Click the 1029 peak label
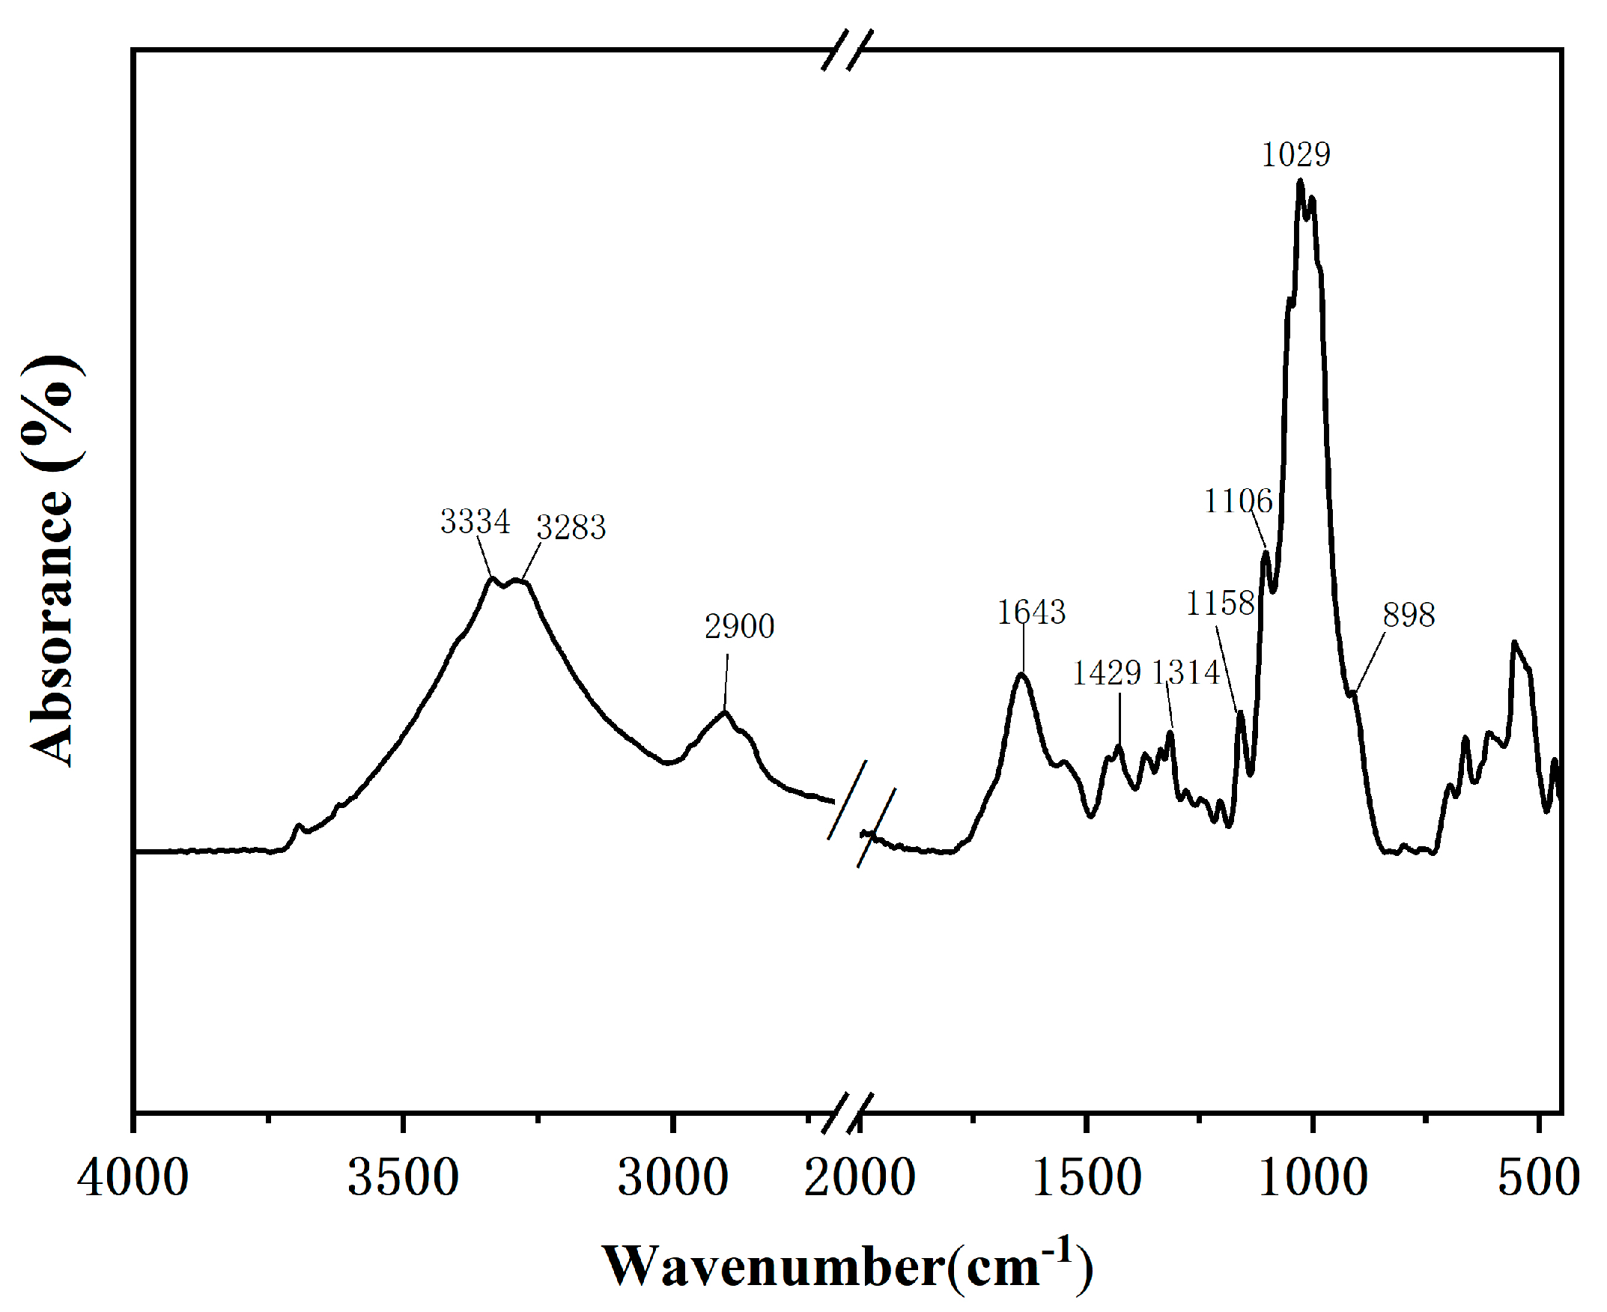click(1295, 155)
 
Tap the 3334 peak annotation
click(476, 521)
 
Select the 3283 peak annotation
click(571, 527)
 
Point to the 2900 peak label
click(740, 627)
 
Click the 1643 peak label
click(1031, 612)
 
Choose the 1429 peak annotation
click(1107, 672)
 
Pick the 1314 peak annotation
click(1185, 672)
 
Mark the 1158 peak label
click(1220, 603)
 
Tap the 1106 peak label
click(1239, 501)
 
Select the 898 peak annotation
click(1409, 616)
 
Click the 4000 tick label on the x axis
click(133, 1178)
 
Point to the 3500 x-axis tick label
click(403, 1178)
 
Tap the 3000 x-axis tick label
click(672, 1178)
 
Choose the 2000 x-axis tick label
click(860, 1178)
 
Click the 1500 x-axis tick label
click(1087, 1178)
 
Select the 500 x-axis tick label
click(1538, 1178)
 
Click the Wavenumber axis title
click(847, 1266)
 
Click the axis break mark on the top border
click(848, 50)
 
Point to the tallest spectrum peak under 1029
click(1299, 180)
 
